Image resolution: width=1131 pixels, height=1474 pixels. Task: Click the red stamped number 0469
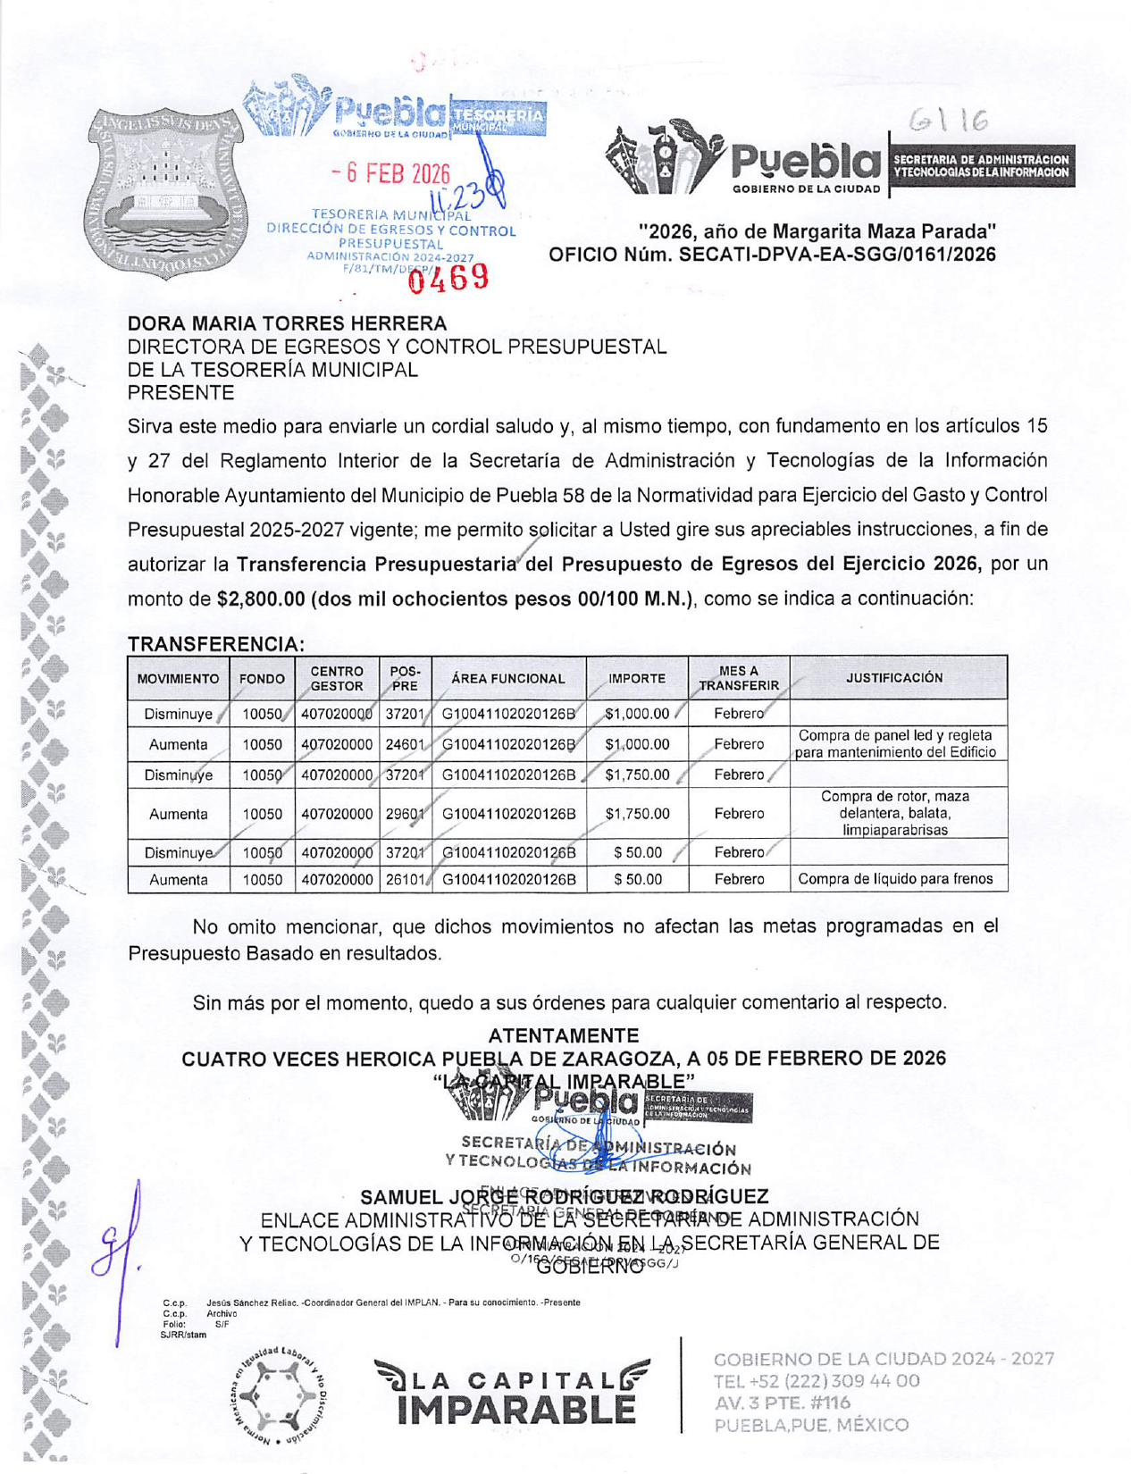coord(448,278)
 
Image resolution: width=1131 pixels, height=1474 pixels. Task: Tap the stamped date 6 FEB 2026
coord(390,173)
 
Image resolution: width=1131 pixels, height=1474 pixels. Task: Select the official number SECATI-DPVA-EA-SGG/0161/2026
coord(837,255)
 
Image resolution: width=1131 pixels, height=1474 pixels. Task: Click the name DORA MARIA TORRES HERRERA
coord(287,323)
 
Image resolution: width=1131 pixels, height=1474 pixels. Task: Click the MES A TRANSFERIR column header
coord(739,678)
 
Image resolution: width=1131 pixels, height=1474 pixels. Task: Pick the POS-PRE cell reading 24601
coord(405,744)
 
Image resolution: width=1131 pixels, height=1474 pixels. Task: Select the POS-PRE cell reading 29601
coord(405,814)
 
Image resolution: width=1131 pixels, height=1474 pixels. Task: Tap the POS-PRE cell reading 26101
coord(405,879)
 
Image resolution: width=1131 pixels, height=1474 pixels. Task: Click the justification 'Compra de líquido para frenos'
coord(895,879)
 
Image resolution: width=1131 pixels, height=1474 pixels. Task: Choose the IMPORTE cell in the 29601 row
coord(637,814)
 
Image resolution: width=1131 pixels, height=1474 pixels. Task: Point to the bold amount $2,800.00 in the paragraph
coord(262,599)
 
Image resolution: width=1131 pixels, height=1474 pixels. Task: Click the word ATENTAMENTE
coord(564,1035)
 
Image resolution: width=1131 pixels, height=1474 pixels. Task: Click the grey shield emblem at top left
coord(169,192)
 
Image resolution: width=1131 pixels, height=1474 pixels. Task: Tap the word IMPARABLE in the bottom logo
coord(516,1411)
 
